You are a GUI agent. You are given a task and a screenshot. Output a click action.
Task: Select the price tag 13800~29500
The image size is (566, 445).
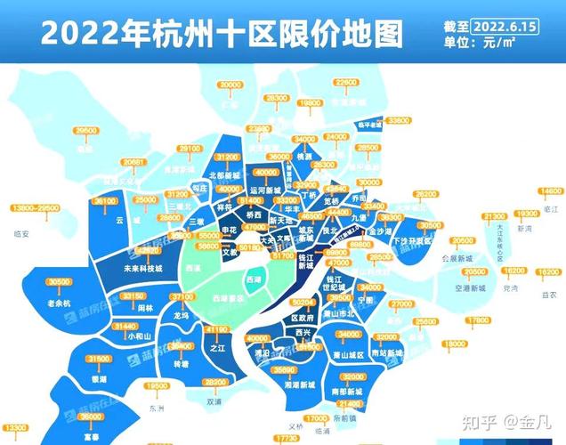tap(36, 207)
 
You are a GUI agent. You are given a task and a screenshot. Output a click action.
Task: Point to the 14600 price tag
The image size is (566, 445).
tap(552, 190)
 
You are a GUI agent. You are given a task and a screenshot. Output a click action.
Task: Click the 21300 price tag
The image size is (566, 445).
tap(492, 216)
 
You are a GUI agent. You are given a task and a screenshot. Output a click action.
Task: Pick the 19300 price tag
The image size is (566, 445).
tap(527, 214)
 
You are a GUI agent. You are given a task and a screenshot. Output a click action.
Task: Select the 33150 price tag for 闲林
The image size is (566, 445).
tap(133, 295)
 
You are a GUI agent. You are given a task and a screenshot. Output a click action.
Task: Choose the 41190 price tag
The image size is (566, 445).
tap(216, 328)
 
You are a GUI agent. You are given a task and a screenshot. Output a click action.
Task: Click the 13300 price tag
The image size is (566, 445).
tap(16, 427)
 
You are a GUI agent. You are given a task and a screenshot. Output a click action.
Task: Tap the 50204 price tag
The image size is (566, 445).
tap(305, 303)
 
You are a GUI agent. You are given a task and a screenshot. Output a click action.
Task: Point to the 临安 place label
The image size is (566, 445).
tap(23, 234)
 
